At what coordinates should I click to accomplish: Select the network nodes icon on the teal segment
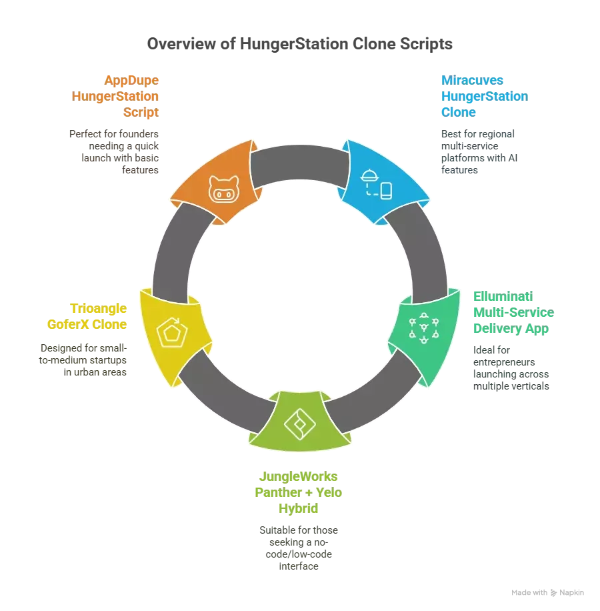point(423,328)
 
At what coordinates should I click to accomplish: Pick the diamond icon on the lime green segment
point(297,422)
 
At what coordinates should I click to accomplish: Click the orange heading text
point(117,96)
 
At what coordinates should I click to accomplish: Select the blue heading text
point(482,96)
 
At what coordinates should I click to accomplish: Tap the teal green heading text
point(512,312)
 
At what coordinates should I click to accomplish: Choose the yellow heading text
point(87,316)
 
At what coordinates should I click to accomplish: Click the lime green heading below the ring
point(298,492)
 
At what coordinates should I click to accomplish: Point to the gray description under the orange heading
point(115,151)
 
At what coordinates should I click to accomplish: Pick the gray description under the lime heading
point(298,546)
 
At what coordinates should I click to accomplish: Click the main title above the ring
point(299,45)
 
